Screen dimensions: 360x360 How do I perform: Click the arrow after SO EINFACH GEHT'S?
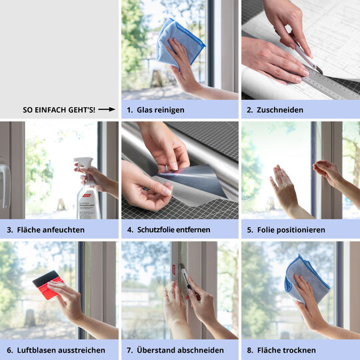[107, 109]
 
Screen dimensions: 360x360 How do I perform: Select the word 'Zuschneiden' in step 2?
[280, 110]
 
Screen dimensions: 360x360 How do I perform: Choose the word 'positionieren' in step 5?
[302, 230]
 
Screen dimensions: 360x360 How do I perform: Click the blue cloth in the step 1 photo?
[179, 43]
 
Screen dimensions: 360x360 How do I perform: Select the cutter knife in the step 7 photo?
[187, 278]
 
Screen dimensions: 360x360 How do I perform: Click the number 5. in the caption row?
[250, 230]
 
